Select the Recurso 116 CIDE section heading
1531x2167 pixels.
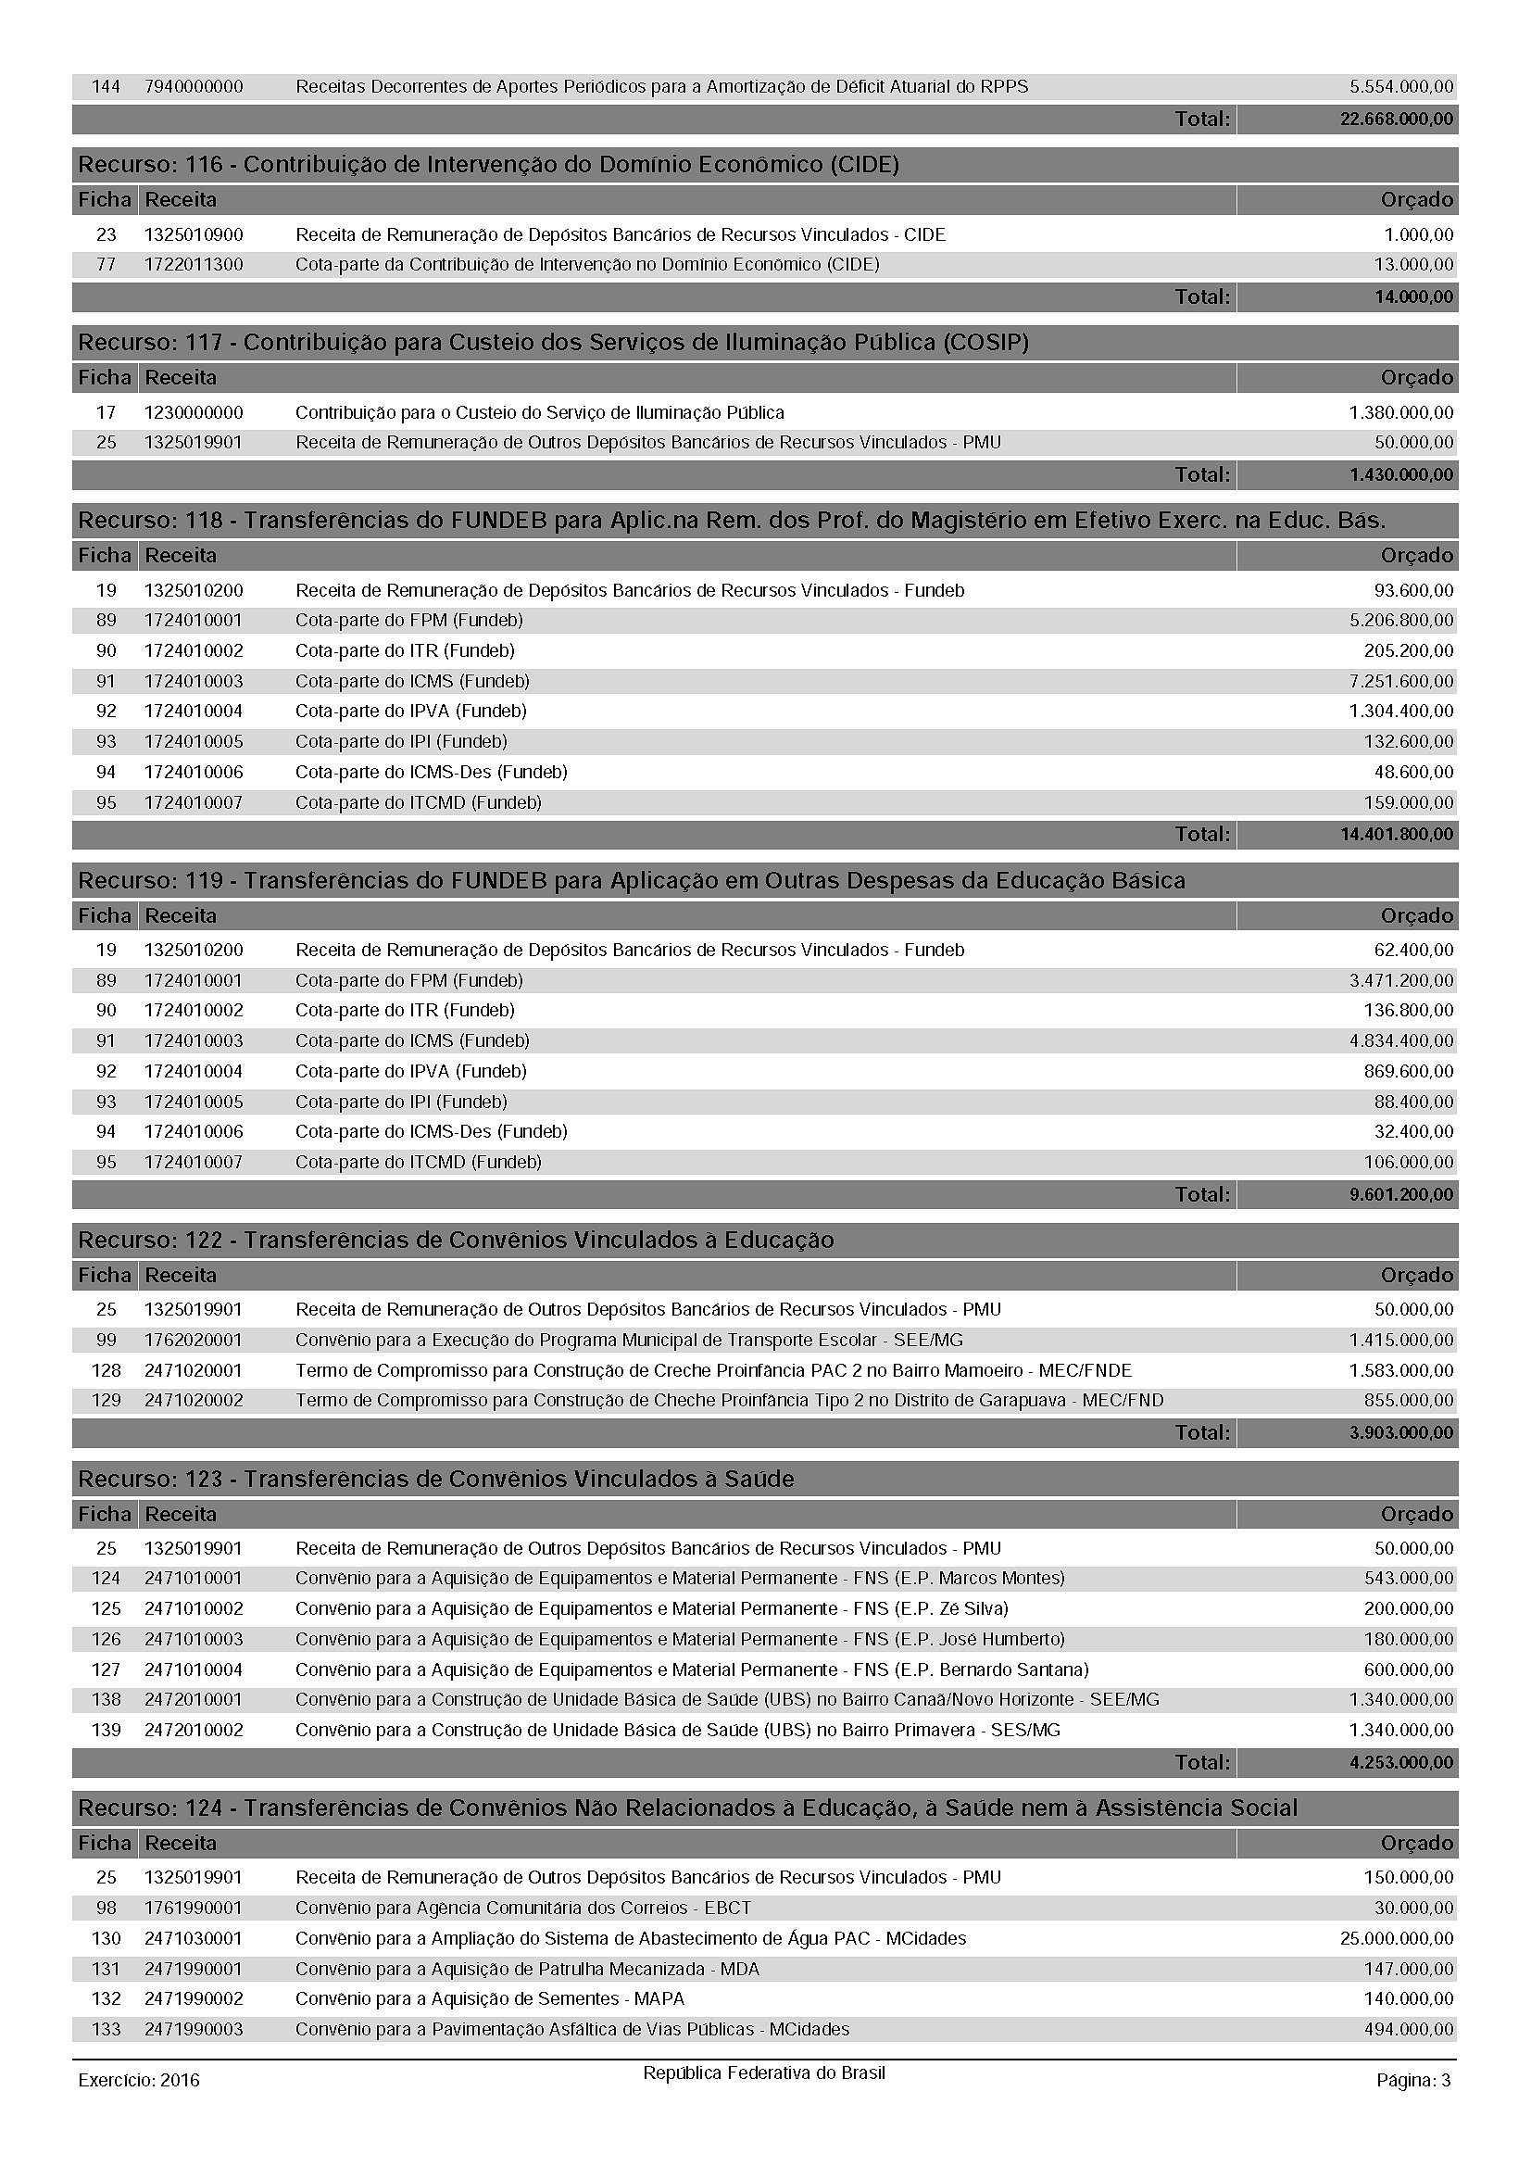pos(488,165)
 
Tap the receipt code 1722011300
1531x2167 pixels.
pos(194,265)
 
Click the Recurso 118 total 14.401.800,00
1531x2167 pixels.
pos(1396,835)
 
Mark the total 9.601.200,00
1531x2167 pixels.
pos(1400,1195)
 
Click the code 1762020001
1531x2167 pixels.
pos(194,1341)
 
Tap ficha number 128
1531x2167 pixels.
pos(106,1370)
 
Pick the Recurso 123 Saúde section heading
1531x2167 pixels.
pos(436,1479)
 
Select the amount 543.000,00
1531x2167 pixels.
pos(1409,1578)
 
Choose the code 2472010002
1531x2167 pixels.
pos(194,1730)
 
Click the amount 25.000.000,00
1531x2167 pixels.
pos(1396,1938)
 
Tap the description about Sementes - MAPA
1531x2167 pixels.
pos(490,1999)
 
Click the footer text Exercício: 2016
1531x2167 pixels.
pos(139,2080)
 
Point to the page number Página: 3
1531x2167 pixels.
pos(1413,2080)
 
